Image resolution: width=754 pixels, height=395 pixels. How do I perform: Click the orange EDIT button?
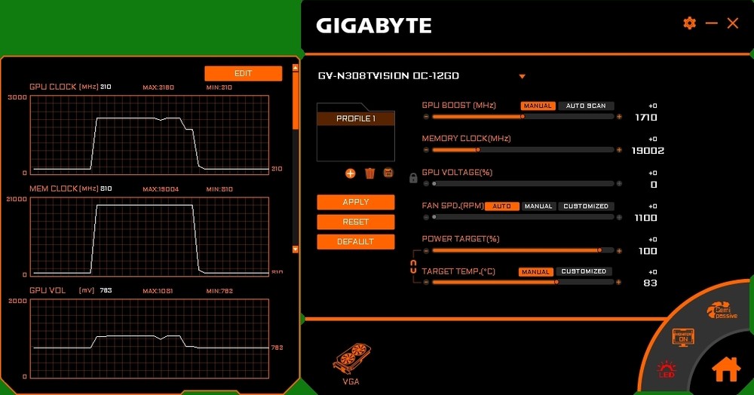pyautogui.click(x=243, y=73)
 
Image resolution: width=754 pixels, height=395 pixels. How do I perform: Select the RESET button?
pyautogui.click(x=356, y=222)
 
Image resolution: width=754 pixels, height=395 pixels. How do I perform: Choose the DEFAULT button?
pyautogui.click(x=356, y=241)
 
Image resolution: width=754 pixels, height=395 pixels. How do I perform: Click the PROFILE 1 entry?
pyautogui.click(x=356, y=119)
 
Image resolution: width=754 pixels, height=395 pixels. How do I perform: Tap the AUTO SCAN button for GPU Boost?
pyautogui.click(x=586, y=106)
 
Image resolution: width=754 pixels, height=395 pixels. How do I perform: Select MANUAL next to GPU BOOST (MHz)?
pyautogui.click(x=538, y=106)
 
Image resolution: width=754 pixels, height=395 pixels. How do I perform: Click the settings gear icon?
pyautogui.click(x=689, y=23)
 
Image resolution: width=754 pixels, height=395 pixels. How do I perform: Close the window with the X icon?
pyautogui.click(x=733, y=23)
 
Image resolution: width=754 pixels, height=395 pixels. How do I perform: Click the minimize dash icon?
pyautogui.click(x=711, y=23)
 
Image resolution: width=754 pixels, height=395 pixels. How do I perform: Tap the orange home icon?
pyautogui.click(x=726, y=369)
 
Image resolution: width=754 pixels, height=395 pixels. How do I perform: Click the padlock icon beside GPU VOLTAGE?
pyautogui.click(x=413, y=178)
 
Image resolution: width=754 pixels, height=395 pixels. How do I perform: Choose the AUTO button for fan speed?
pyautogui.click(x=501, y=206)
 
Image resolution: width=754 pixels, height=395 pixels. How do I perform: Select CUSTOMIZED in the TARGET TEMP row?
pyautogui.click(x=584, y=271)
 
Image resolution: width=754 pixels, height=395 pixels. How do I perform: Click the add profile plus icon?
pyautogui.click(x=351, y=173)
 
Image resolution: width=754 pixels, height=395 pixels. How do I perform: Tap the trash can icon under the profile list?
pyautogui.click(x=369, y=173)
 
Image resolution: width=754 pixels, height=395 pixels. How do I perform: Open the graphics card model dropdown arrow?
pyautogui.click(x=522, y=76)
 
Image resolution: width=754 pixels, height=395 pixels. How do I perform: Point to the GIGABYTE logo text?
pyautogui.click(x=374, y=26)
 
